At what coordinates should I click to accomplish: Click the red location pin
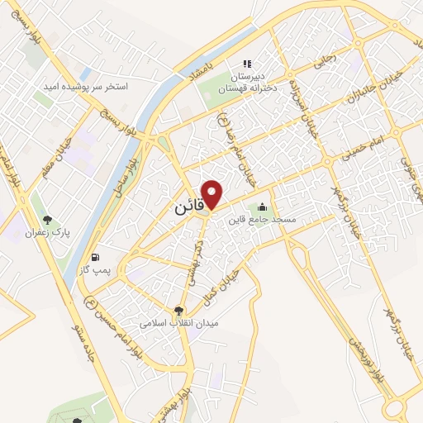[x=213, y=193]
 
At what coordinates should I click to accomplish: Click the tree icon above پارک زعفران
[x=49, y=220]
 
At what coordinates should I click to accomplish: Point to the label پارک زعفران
[x=49, y=234]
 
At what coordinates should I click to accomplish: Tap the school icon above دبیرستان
[x=245, y=63]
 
